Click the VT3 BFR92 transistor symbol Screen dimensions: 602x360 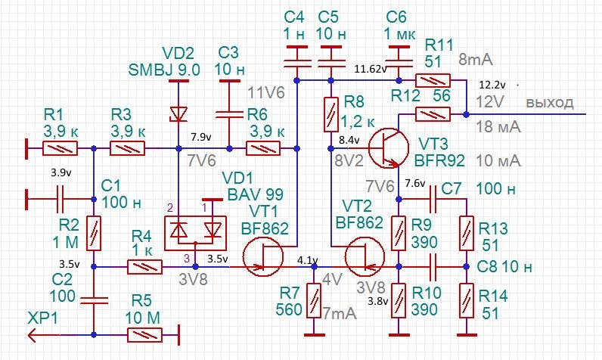(x=388, y=147)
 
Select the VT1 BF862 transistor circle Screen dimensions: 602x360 (x=263, y=256)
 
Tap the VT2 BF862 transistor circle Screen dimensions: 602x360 (x=365, y=256)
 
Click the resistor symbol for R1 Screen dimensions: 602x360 (x=60, y=148)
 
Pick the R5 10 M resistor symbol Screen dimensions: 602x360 (x=144, y=335)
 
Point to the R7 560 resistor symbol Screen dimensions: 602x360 (x=314, y=300)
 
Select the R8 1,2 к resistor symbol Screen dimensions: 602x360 (x=331, y=114)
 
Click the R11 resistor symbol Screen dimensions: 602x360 (x=433, y=81)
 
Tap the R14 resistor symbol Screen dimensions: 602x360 (x=467, y=300)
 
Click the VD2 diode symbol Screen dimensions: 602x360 (x=178, y=114)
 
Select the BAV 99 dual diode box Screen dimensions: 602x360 (x=195, y=234)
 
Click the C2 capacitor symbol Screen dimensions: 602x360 (x=94, y=300)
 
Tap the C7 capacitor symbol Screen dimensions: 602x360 (x=433, y=200)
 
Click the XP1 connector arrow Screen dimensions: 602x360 (x=35, y=335)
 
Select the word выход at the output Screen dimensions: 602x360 (x=550, y=102)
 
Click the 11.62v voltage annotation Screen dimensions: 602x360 (x=370, y=69)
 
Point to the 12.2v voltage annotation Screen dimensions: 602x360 (x=492, y=85)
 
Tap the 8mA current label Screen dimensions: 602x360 (x=475, y=60)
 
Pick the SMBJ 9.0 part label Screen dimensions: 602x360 (x=164, y=70)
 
